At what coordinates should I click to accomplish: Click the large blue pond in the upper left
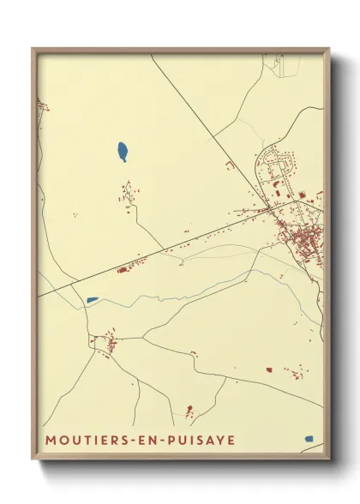point(123,153)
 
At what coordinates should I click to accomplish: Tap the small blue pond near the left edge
point(92,300)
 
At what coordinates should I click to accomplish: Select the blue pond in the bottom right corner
point(309,438)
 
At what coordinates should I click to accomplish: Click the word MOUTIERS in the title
point(82,440)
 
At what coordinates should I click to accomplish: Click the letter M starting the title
point(50,440)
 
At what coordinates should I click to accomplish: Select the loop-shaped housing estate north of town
point(279,163)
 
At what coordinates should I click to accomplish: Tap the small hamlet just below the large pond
point(129,196)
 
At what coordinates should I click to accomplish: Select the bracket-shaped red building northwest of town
point(230,165)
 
